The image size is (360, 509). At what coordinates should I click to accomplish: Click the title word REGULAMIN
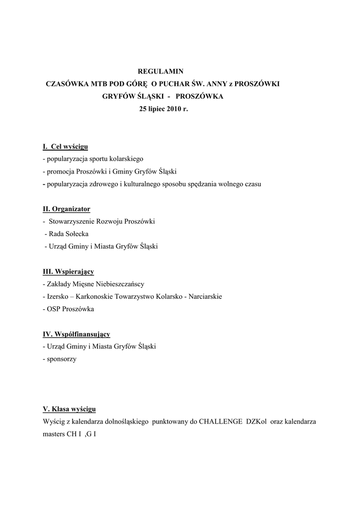pos(157,72)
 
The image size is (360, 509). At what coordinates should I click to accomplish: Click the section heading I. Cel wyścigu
pos(65,147)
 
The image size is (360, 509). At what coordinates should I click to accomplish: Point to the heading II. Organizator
pos(67,209)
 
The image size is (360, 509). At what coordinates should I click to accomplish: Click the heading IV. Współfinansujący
pos(77,334)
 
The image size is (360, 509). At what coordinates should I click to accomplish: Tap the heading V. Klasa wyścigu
pos(70,409)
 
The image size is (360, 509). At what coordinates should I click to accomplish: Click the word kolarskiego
pos(126,159)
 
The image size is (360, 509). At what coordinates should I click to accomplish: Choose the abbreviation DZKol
pos(257,422)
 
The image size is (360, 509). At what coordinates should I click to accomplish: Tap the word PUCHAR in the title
pos(181,85)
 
